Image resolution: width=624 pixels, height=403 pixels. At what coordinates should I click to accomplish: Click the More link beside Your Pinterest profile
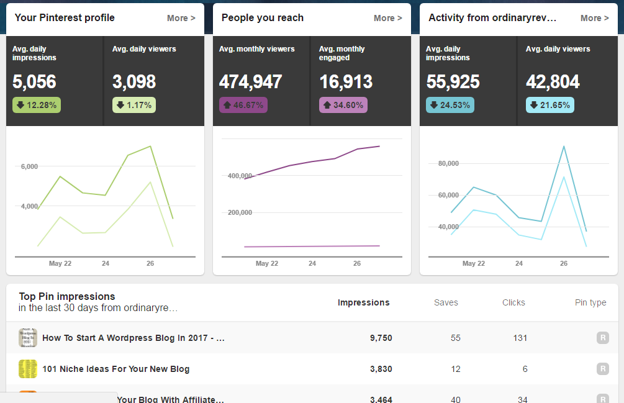(181, 18)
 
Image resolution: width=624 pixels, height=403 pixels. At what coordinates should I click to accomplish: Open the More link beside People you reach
(387, 18)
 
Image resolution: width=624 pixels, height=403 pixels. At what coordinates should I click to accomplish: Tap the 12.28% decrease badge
(37, 105)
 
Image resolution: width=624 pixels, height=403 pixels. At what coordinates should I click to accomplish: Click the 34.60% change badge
(343, 105)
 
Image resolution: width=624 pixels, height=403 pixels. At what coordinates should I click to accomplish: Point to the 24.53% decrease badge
(450, 105)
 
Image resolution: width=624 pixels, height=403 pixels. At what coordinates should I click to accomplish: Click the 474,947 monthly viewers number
(250, 81)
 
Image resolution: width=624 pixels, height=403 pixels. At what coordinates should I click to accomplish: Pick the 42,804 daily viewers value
(553, 81)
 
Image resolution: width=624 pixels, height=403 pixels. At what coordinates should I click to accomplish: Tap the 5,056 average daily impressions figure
(34, 81)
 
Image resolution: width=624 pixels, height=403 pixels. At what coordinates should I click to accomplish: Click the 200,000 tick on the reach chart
(239, 212)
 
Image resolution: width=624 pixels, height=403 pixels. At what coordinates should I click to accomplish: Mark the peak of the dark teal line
(564, 147)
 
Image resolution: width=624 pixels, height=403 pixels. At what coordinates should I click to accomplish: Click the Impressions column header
(363, 302)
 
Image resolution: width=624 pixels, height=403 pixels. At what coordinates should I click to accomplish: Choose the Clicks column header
(513, 302)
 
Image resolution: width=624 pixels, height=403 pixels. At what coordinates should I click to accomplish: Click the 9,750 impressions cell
(381, 338)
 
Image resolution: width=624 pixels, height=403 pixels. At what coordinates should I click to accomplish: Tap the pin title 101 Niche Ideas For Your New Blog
(115, 369)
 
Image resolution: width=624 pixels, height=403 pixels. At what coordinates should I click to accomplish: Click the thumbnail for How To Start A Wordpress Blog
(28, 338)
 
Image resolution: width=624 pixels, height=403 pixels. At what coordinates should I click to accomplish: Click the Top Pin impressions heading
(67, 296)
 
